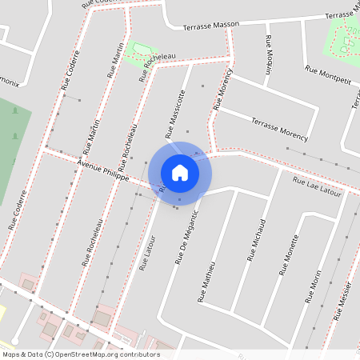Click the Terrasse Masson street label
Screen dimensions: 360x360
coord(211,26)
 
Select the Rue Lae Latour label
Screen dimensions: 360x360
coord(317,187)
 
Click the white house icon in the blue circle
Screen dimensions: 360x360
coord(180,172)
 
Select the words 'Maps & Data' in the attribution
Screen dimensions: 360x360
coord(21,354)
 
